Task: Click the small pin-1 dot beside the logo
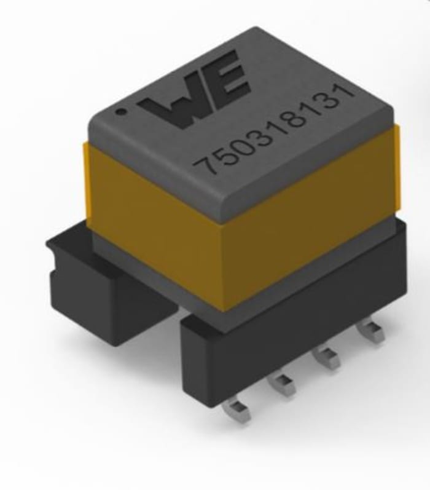pyautogui.click(x=122, y=113)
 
